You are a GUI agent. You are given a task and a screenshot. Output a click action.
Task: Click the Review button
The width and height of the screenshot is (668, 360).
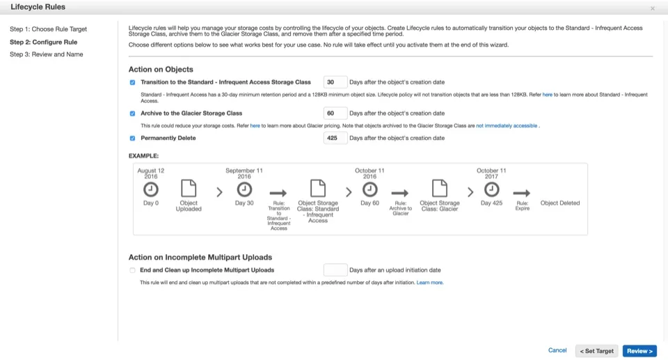639,351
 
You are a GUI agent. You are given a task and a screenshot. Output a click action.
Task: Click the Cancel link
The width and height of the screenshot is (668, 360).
557,350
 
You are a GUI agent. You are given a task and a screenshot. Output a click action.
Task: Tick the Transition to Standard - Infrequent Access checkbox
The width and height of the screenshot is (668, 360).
132,82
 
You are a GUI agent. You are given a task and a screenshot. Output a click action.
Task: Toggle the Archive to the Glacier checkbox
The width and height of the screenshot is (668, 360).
132,113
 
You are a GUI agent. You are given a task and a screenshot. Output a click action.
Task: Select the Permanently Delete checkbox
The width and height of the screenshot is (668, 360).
132,138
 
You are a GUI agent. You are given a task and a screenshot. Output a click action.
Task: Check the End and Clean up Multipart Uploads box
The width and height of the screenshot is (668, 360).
132,270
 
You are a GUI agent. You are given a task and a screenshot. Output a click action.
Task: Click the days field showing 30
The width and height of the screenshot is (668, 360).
335,82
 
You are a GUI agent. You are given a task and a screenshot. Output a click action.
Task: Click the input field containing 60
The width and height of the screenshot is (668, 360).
335,113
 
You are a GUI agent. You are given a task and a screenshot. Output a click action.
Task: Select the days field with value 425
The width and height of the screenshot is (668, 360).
335,138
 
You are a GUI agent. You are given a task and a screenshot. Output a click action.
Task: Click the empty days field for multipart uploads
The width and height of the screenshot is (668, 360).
335,270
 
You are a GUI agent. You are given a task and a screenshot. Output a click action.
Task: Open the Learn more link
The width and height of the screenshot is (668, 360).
429,283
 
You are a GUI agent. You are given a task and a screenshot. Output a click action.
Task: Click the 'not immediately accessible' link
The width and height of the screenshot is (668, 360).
507,125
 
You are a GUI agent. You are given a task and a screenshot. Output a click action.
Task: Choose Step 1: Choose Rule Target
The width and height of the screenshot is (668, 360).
48,29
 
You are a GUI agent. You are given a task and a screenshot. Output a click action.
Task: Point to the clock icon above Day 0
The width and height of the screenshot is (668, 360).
151,189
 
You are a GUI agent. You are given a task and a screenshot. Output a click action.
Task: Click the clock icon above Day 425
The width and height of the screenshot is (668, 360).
491,189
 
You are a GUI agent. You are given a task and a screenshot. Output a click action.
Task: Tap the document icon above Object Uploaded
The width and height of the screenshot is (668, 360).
189,189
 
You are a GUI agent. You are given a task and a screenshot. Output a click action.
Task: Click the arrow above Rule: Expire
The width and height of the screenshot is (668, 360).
522,193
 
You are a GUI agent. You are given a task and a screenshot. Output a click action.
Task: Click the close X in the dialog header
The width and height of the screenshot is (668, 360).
652,8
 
